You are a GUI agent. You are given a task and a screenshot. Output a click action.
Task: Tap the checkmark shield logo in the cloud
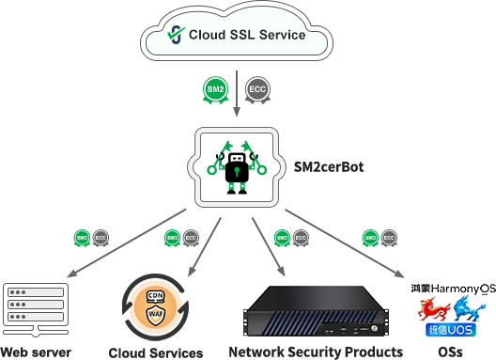(174, 35)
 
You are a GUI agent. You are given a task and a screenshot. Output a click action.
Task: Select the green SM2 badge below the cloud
(216, 89)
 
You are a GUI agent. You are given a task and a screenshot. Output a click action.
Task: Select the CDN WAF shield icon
(155, 305)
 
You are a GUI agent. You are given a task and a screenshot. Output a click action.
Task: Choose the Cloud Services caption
(156, 353)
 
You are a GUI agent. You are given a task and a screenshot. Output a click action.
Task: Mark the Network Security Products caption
(316, 352)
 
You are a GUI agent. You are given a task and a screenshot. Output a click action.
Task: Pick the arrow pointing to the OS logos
(357, 248)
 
